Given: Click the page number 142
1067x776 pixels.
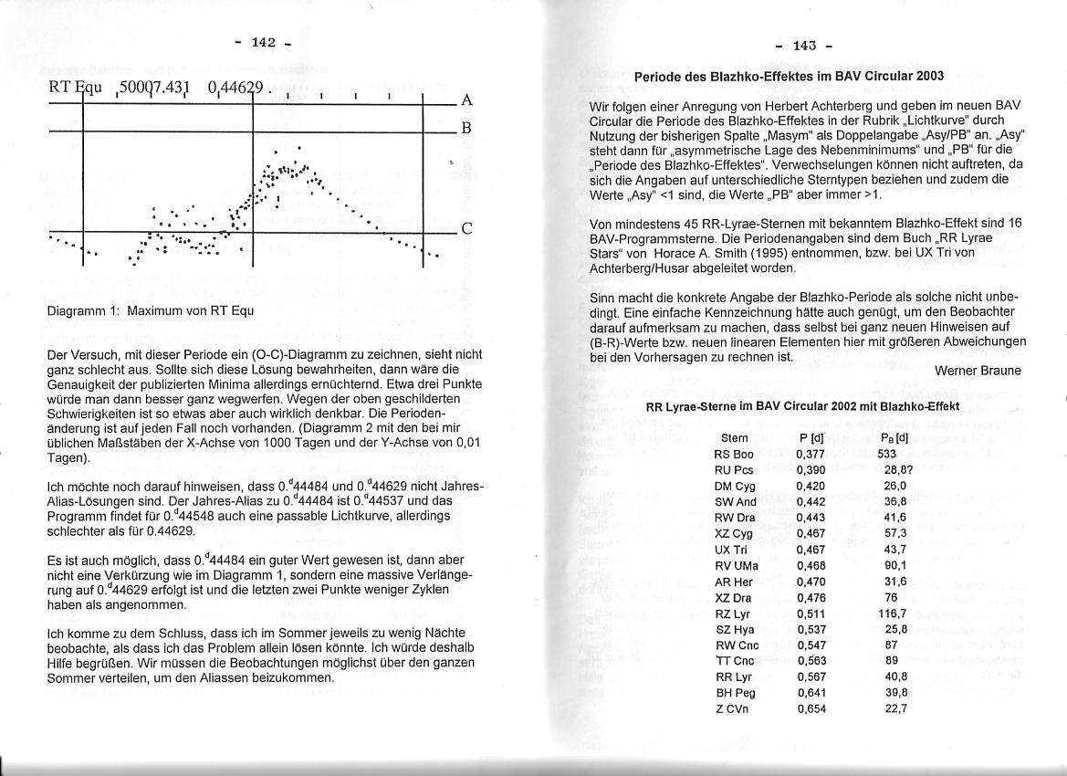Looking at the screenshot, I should coord(263,42).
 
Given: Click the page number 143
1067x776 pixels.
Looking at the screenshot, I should coord(803,45).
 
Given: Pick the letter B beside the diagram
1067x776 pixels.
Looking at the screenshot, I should coord(466,129).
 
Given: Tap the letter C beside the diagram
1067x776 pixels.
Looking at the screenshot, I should coord(466,229).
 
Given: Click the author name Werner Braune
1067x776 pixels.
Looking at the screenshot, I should coord(978,370).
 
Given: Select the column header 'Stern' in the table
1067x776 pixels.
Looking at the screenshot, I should coord(735,438).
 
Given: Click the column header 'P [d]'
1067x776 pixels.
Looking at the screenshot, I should coord(811,438).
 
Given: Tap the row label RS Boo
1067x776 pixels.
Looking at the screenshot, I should coord(734,453).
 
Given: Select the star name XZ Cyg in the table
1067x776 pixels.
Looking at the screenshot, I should coord(735,532).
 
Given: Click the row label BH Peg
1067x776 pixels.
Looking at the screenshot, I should coord(735,693).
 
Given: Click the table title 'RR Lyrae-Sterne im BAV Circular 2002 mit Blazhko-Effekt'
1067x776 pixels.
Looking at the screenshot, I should coord(802,406).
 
